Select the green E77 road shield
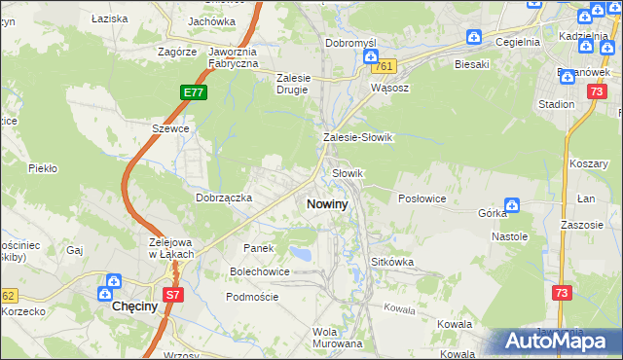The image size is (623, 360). pos(193,92)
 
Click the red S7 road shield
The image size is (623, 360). pos(173,294)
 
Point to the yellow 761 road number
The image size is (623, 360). pos(385,66)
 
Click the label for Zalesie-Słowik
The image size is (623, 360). pos(357,137)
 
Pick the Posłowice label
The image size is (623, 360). pos(422,198)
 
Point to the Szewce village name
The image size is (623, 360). pos(169,127)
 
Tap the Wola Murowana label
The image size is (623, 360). pos(338,337)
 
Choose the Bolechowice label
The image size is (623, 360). pos(260,271)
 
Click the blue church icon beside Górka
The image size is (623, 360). pos(512,204)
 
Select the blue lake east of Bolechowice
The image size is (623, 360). pos(303,255)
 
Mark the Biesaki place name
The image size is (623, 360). pos(471,64)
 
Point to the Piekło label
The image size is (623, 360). pos(43,168)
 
